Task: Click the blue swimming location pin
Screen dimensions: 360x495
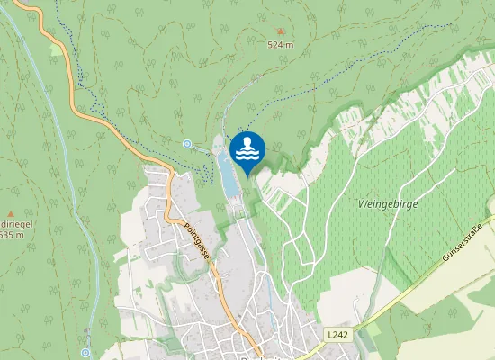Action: click(247, 148)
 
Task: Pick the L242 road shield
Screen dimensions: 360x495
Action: click(337, 335)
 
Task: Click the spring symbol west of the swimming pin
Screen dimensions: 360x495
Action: click(186, 144)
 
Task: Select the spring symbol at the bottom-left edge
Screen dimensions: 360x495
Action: click(86, 352)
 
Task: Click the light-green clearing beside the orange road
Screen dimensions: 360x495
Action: click(58, 50)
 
